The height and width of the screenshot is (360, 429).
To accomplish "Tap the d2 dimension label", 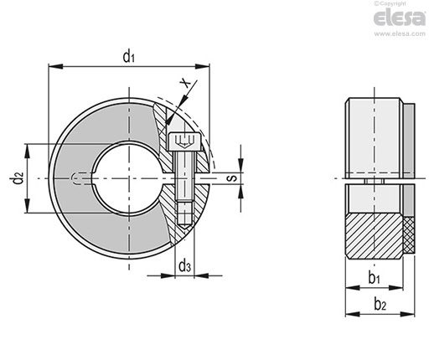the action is (18, 178).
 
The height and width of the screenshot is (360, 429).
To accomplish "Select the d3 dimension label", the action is (184, 265).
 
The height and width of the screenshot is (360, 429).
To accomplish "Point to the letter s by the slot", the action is (233, 177).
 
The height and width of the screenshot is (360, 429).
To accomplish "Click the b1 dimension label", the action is (374, 278).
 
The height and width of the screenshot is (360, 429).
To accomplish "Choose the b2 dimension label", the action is (380, 304).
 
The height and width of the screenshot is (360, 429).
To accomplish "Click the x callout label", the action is (185, 83).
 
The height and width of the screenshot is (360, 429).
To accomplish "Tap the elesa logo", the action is (400, 18).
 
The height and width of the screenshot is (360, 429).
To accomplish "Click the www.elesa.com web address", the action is (400, 33).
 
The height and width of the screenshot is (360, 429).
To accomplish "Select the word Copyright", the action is (393, 3).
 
